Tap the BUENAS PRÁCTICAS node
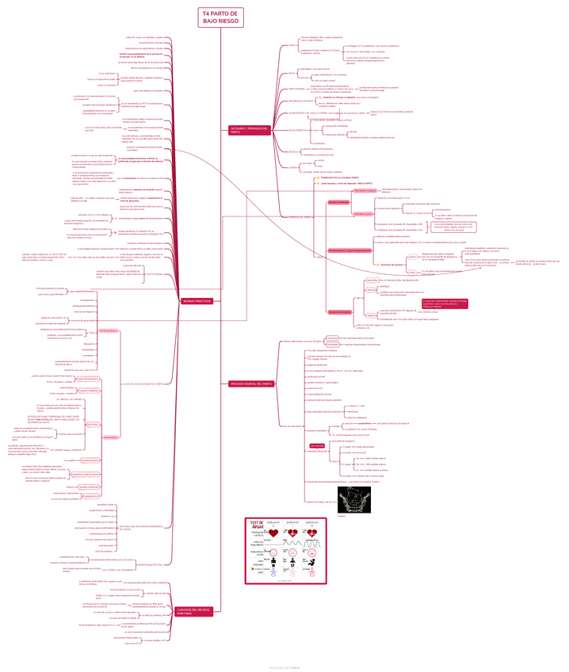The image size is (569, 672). [x=198, y=301]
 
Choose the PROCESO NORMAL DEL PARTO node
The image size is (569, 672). [x=251, y=384]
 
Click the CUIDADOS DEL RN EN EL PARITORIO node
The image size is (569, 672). [x=194, y=611]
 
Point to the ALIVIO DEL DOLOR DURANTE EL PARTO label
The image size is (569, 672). [x=143, y=384]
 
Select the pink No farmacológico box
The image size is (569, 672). [x=88, y=329]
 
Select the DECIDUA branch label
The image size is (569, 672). [x=293, y=151]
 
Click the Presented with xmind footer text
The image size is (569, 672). [x=284, y=666]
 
